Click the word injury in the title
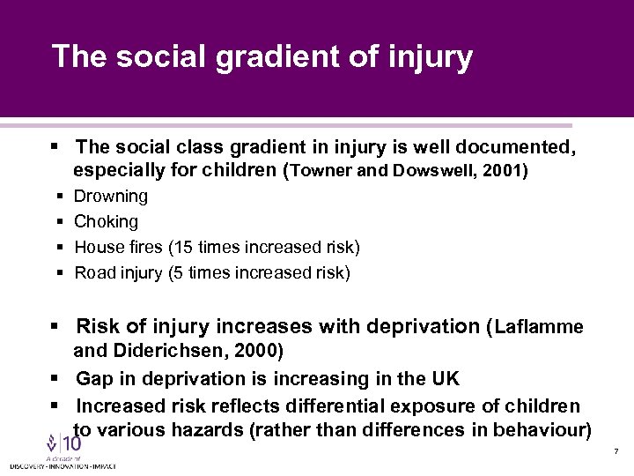click(430, 57)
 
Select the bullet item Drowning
click(111, 196)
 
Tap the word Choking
click(107, 221)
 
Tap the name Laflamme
click(539, 327)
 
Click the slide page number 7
click(616, 451)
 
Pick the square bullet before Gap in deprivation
click(55, 379)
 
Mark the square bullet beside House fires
click(60, 247)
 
